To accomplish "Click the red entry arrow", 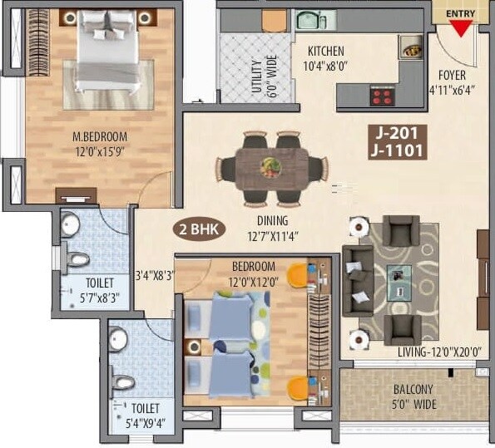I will click(x=460, y=27).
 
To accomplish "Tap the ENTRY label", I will click(x=460, y=13).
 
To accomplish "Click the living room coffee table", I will click(x=397, y=278).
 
